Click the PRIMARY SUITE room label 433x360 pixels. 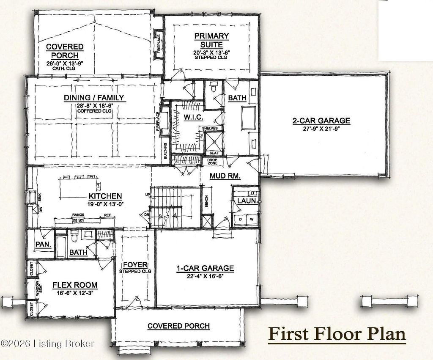click(x=211, y=41)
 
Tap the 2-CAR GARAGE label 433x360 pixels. click(x=321, y=121)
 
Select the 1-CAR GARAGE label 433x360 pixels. click(x=205, y=268)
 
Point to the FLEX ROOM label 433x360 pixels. click(x=75, y=285)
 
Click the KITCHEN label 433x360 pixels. click(x=105, y=196)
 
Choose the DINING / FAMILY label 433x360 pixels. click(x=94, y=98)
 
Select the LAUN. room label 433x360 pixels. click(x=246, y=201)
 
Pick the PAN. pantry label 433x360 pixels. click(x=43, y=245)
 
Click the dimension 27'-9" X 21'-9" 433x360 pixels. click(x=321, y=128)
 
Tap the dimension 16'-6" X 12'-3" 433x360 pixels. click(x=75, y=293)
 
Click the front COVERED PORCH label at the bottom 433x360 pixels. click(x=178, y=326)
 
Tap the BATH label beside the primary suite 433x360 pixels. click(x=237, y=98)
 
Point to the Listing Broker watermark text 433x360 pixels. click(x=47, y=343)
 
